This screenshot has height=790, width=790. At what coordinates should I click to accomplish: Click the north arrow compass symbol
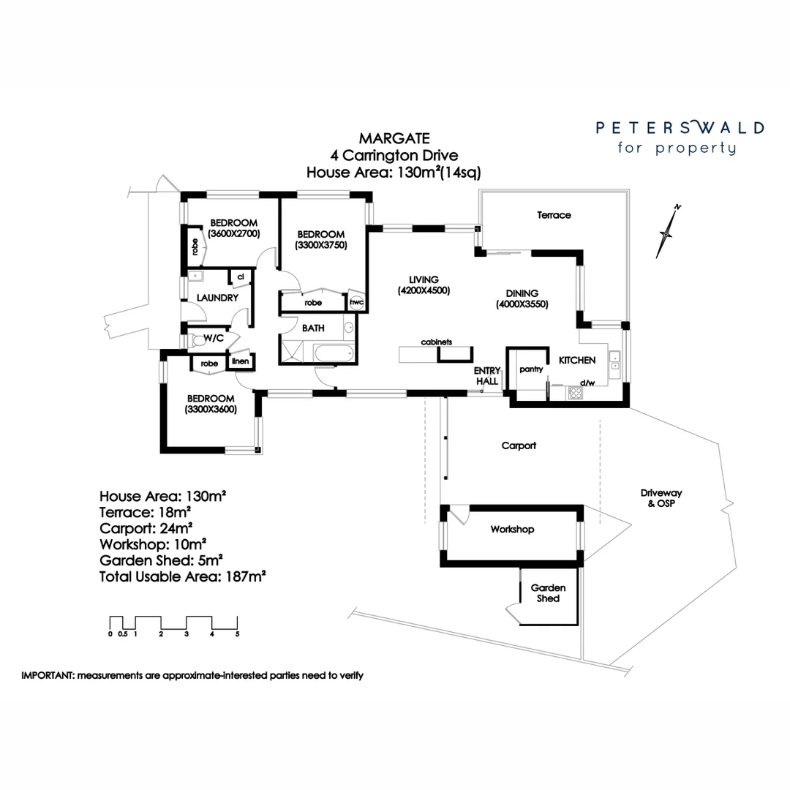tap(668, 231)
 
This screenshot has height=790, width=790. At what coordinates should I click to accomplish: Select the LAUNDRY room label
tap(218, 298)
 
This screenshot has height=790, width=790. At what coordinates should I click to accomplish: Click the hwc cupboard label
tap(357, 302)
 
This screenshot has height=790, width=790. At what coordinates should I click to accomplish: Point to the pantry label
tap(531, 369)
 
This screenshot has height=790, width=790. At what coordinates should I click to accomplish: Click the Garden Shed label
tap(548, 593)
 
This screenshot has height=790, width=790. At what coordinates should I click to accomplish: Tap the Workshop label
tap(512, 530)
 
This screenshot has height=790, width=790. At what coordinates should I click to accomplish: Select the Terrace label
tap(554, 215)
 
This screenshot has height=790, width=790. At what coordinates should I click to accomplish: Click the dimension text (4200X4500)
tap(424, 290)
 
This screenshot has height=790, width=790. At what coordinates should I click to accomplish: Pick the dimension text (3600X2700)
tap(234, 234)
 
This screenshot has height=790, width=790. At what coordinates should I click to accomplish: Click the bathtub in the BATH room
tap(334, 355)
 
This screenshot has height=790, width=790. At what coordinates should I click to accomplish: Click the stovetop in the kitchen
tap(576, 393)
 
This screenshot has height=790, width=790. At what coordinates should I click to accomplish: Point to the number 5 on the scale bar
tap(238, 634)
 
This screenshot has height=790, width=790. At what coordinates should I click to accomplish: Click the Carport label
tap(519, 445)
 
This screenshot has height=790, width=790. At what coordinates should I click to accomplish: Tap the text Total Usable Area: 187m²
tap(182, 576)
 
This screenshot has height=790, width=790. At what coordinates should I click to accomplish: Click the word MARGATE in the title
tap(394, 138)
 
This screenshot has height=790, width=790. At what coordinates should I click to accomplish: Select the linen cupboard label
tap(239, 361)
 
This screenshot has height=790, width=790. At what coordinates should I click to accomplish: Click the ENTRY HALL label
tap(486, 376)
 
